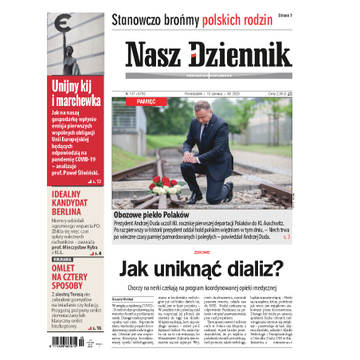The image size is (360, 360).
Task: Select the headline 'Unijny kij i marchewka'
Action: click(76, 94)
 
